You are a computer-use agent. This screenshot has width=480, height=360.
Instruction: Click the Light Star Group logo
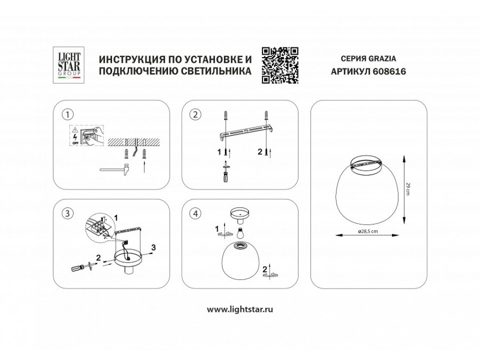(68, 64)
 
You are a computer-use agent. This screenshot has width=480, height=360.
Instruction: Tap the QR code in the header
(279, 65)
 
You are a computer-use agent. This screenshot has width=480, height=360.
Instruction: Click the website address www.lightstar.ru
(240, 309)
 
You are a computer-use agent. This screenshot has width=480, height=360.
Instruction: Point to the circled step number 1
(67, 114)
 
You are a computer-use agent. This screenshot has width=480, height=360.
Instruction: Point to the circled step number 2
(195, 114)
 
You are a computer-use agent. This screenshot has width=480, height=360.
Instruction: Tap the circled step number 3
(67, 214)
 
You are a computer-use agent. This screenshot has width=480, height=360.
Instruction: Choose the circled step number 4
(195, 214)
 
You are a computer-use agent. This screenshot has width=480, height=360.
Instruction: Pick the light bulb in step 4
(239, 233)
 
